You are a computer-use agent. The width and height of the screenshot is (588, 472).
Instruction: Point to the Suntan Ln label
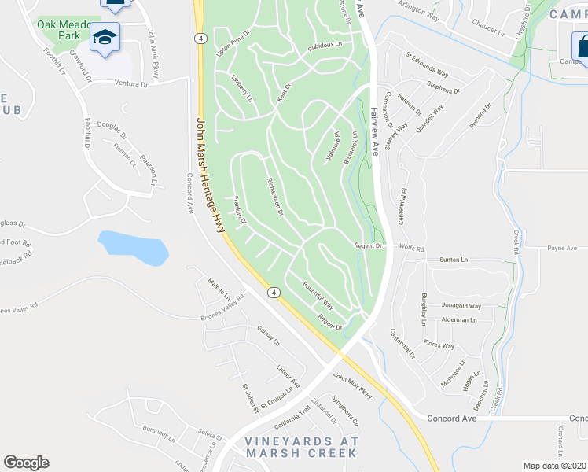pyautogui.click(x=453, y=259)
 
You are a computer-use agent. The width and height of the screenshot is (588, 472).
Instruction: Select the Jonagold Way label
pyautogui.click(x=460, y=306)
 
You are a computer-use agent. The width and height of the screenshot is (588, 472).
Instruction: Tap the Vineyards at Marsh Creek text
pyautogui.click(x=301, y=446)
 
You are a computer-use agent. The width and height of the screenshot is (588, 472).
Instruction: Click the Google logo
pyautogui.click(x=26, y=463)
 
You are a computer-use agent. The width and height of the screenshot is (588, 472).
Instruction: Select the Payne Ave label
pyautogui.click(x=562, y=248)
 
